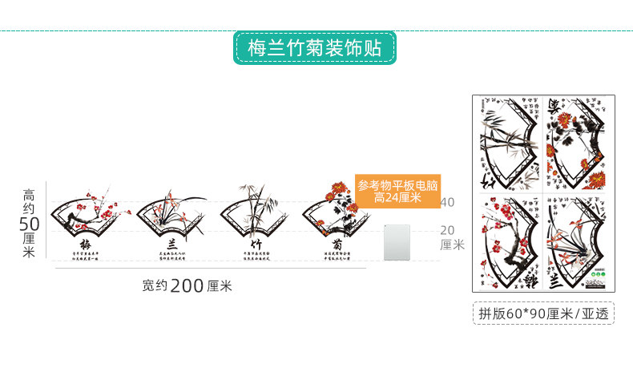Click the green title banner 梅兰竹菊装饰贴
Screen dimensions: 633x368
315,48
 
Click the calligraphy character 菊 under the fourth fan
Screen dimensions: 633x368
337,244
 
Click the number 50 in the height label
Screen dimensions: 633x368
29,224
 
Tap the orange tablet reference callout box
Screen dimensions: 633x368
397,192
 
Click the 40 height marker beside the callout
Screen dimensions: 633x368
448,202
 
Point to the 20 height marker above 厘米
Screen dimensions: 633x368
448,229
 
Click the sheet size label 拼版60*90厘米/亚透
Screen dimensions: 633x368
542,313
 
